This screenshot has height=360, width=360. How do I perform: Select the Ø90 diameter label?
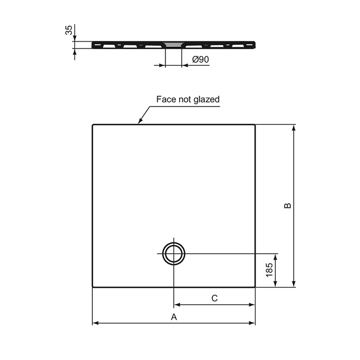[200, 60]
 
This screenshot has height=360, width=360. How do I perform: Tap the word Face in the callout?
[165, 100]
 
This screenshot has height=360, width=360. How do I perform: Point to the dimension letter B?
[287, 205]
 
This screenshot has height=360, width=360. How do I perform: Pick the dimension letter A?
[173, 316]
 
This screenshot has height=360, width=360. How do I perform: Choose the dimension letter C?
[214, 298]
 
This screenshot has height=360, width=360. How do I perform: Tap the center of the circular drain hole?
[174, 254]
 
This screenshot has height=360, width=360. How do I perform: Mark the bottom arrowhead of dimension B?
[294, 284]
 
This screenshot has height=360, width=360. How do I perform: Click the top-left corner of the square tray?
[93, 125]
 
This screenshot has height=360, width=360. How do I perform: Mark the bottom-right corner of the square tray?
[255, 287]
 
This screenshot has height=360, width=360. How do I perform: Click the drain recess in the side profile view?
[173, 43]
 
